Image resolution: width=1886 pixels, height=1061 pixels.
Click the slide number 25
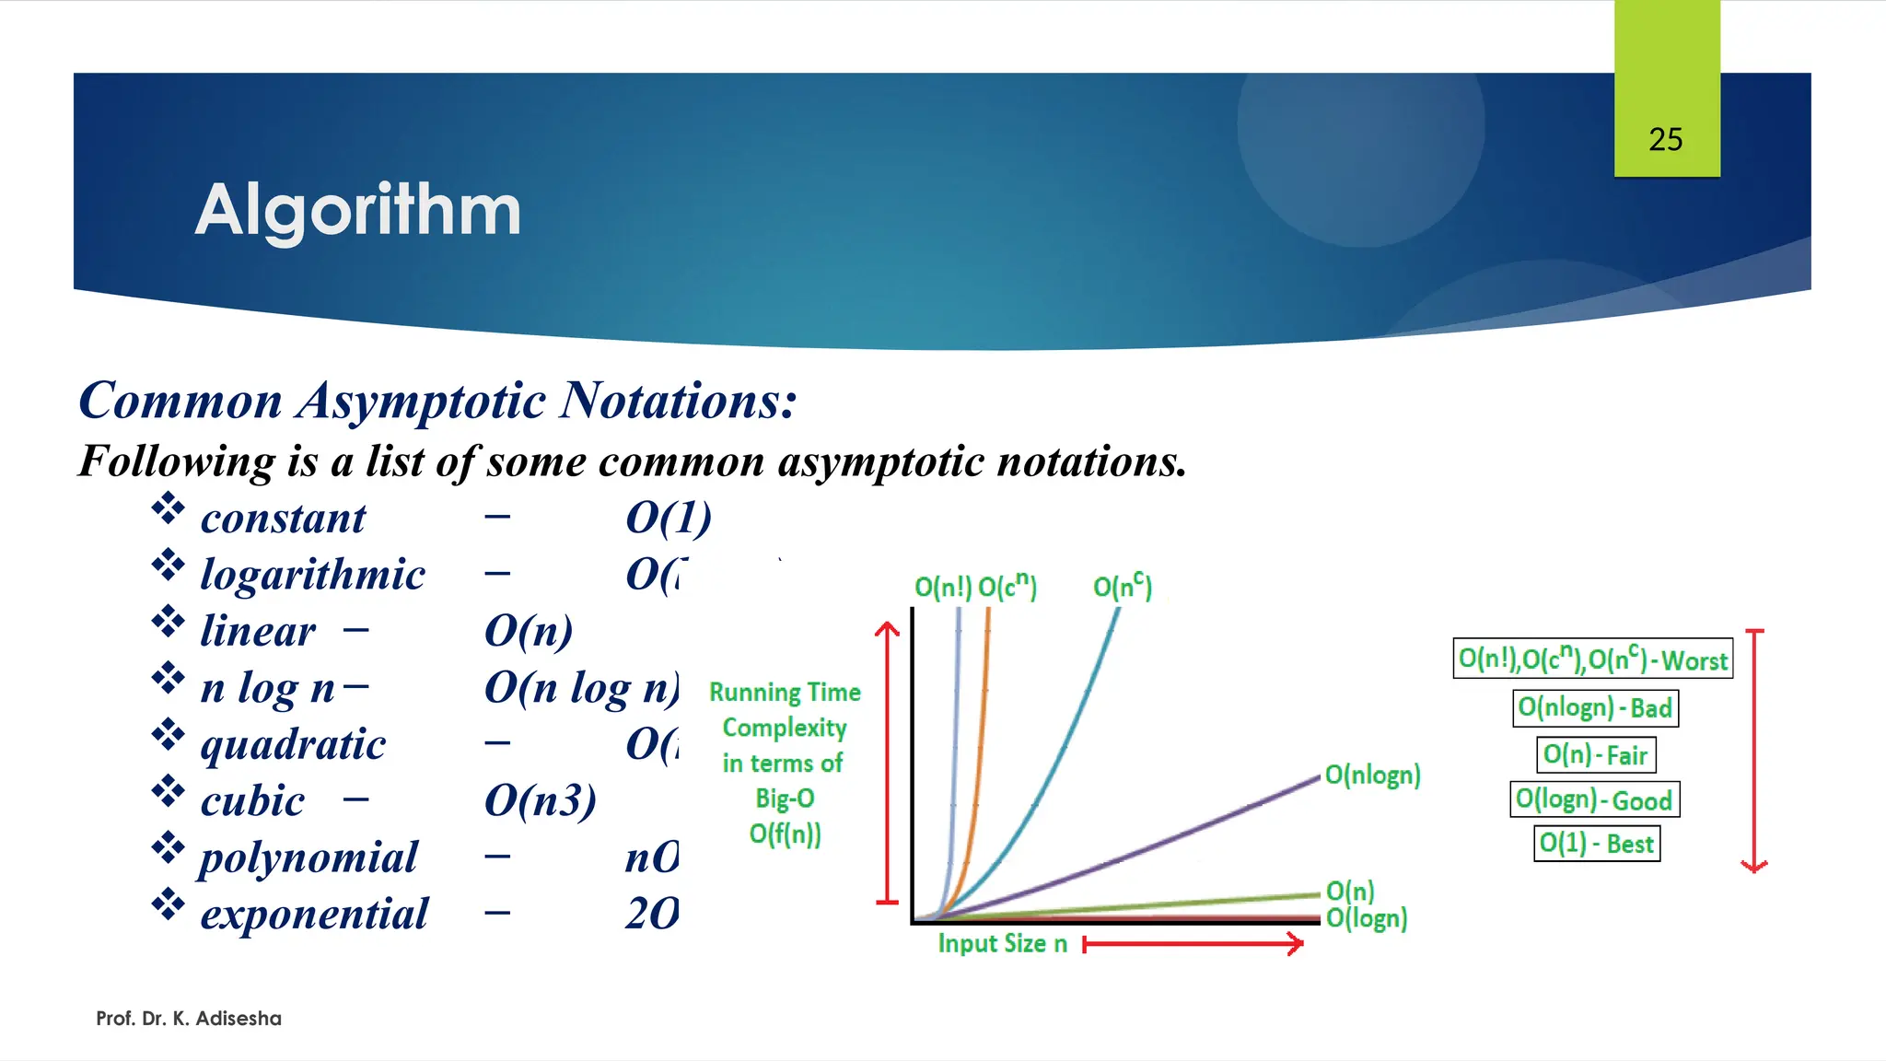pos(1665,140)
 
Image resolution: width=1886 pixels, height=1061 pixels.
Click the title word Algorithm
pos(358,210)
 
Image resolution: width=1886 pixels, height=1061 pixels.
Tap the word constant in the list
pos(283,519)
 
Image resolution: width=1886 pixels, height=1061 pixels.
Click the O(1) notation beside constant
pos(669,519)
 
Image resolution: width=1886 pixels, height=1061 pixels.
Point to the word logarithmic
pos(312,575)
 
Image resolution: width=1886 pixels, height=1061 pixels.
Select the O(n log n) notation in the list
pos(581,688)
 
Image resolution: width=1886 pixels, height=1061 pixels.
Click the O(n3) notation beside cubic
pos(541,801)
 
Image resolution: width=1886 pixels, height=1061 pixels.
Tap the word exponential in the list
pos(314,915)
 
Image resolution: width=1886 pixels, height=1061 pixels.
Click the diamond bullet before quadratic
pos(168,735)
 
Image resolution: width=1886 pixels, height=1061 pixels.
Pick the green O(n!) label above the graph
pos(943,588)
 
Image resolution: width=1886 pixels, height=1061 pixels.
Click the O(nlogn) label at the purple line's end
pos(1372,775)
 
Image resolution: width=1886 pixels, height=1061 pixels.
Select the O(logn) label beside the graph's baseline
pos(1367,918)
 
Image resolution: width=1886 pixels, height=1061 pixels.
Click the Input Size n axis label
pos(1002,944)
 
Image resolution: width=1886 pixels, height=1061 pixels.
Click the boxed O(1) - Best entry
pos(1596,844)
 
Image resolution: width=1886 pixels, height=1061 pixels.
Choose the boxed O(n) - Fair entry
pos(1595,755)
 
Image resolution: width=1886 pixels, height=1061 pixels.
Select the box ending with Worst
pos(1592,659)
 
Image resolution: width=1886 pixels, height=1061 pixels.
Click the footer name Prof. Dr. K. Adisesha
pos(189,1019)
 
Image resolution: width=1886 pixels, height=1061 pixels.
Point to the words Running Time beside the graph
pos(785,693)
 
